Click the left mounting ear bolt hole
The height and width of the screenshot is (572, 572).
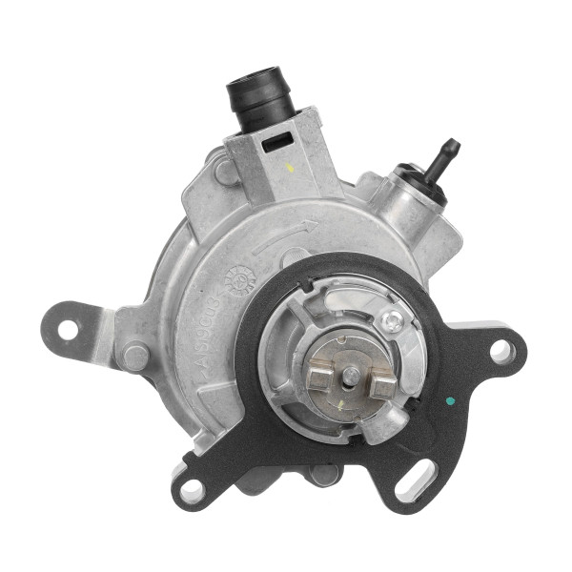coord(68,328)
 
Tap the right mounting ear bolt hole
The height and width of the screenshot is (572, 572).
coord(501,352)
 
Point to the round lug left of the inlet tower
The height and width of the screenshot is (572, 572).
coord(224,172)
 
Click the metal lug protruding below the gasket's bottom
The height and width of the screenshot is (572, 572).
coord(324,475)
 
